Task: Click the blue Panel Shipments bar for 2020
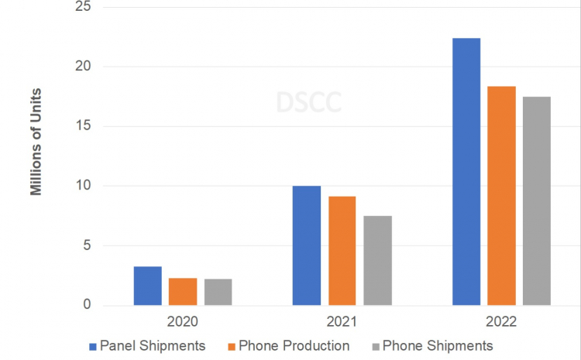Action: pyautogui.click(x=147, y=286)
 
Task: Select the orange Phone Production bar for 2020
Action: pyautogui.click(x=183, y=291)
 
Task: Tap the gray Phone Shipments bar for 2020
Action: pyautogui.click(x=218, y=292)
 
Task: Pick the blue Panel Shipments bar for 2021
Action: pyautogui.click(x=307, y=245)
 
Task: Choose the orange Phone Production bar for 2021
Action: pyautogui.click(x=342, y=251)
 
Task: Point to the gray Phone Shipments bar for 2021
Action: pyautogui.click(x=377, y=260)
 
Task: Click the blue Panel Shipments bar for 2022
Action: pyautogui.click(x=466, y=171)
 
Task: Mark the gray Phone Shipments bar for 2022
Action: pyautogui.click(x=536, y=201)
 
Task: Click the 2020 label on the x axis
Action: pyautogui.click(x=183, y=321)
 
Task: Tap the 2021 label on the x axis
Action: pyautogui.click(x=342, y=321)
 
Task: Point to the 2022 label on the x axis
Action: pyautogui.click(x=501, y=321)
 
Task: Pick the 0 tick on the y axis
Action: pyautogui.click(x=86, y=305)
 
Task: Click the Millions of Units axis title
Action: pyautogui.click(x=36, y=142)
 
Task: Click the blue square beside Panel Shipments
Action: pyautogui.click(x=92, y=346)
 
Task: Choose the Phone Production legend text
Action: pyautogui.click(x=294, y=346)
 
